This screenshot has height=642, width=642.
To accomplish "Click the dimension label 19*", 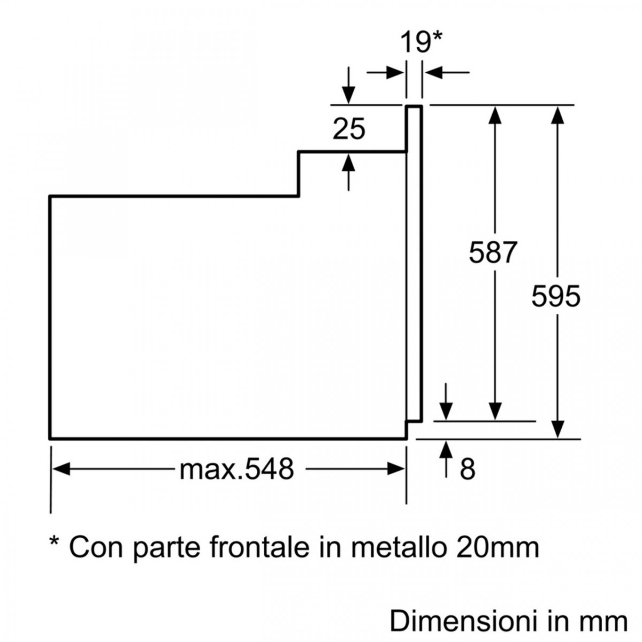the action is (422, 42).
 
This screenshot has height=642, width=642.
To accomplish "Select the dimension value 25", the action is (349, 129).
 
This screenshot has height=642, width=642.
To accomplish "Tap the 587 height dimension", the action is (493, 252).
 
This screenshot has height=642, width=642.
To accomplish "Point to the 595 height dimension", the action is (556, 295).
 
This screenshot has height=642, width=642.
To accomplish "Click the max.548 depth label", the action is (237, 469).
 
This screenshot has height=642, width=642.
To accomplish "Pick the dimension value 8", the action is (467, 469).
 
